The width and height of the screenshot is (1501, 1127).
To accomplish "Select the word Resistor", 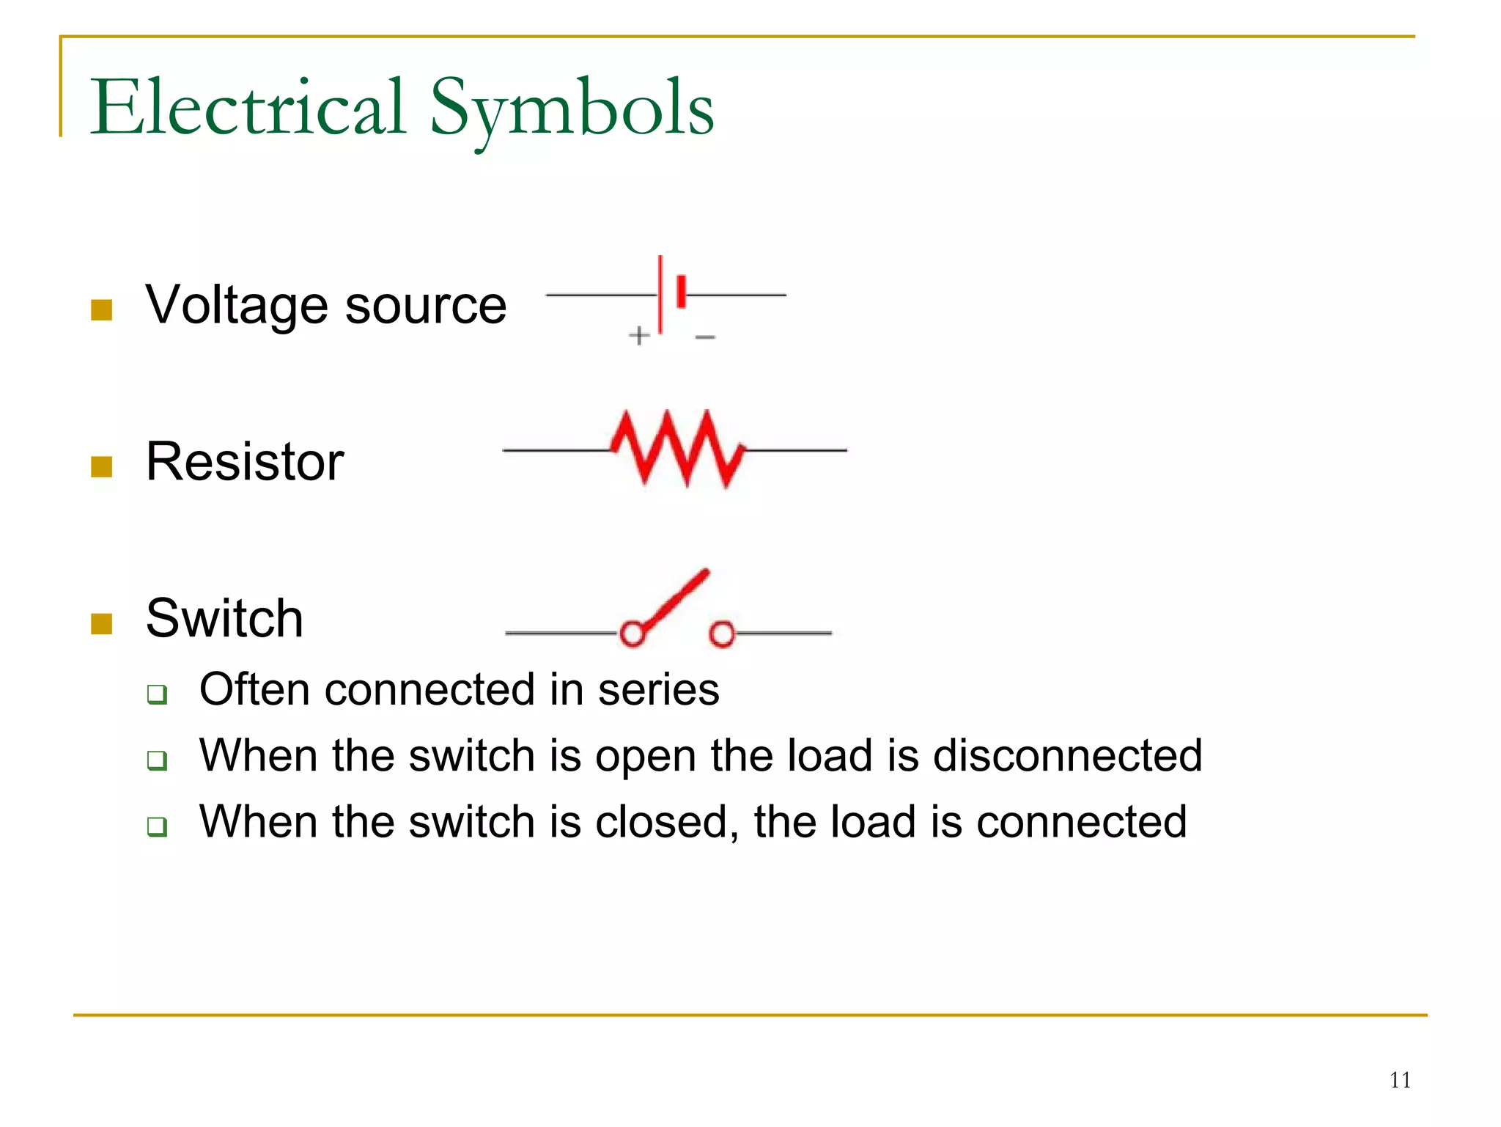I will point(245,461).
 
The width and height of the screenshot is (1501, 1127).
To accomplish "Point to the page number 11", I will point(1400,1080).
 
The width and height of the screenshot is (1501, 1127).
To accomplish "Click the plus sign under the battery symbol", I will point(639,336).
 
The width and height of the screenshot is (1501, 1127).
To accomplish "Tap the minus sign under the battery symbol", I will point(705,337).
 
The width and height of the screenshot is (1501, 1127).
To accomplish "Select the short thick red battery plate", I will point(682,291).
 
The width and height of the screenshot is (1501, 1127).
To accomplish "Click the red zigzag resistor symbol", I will point(678,449).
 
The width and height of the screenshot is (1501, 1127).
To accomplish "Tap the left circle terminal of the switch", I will point(632,634).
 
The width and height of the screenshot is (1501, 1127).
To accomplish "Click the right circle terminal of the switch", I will point(722,634).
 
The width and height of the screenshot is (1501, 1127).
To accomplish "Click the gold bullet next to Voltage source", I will point(101,310).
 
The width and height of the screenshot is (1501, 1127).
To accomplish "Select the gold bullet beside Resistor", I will point(101,466).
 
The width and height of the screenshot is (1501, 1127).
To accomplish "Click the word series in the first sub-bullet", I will point(658,690).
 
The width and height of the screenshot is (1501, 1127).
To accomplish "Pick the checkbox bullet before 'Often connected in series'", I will point(157,694).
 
